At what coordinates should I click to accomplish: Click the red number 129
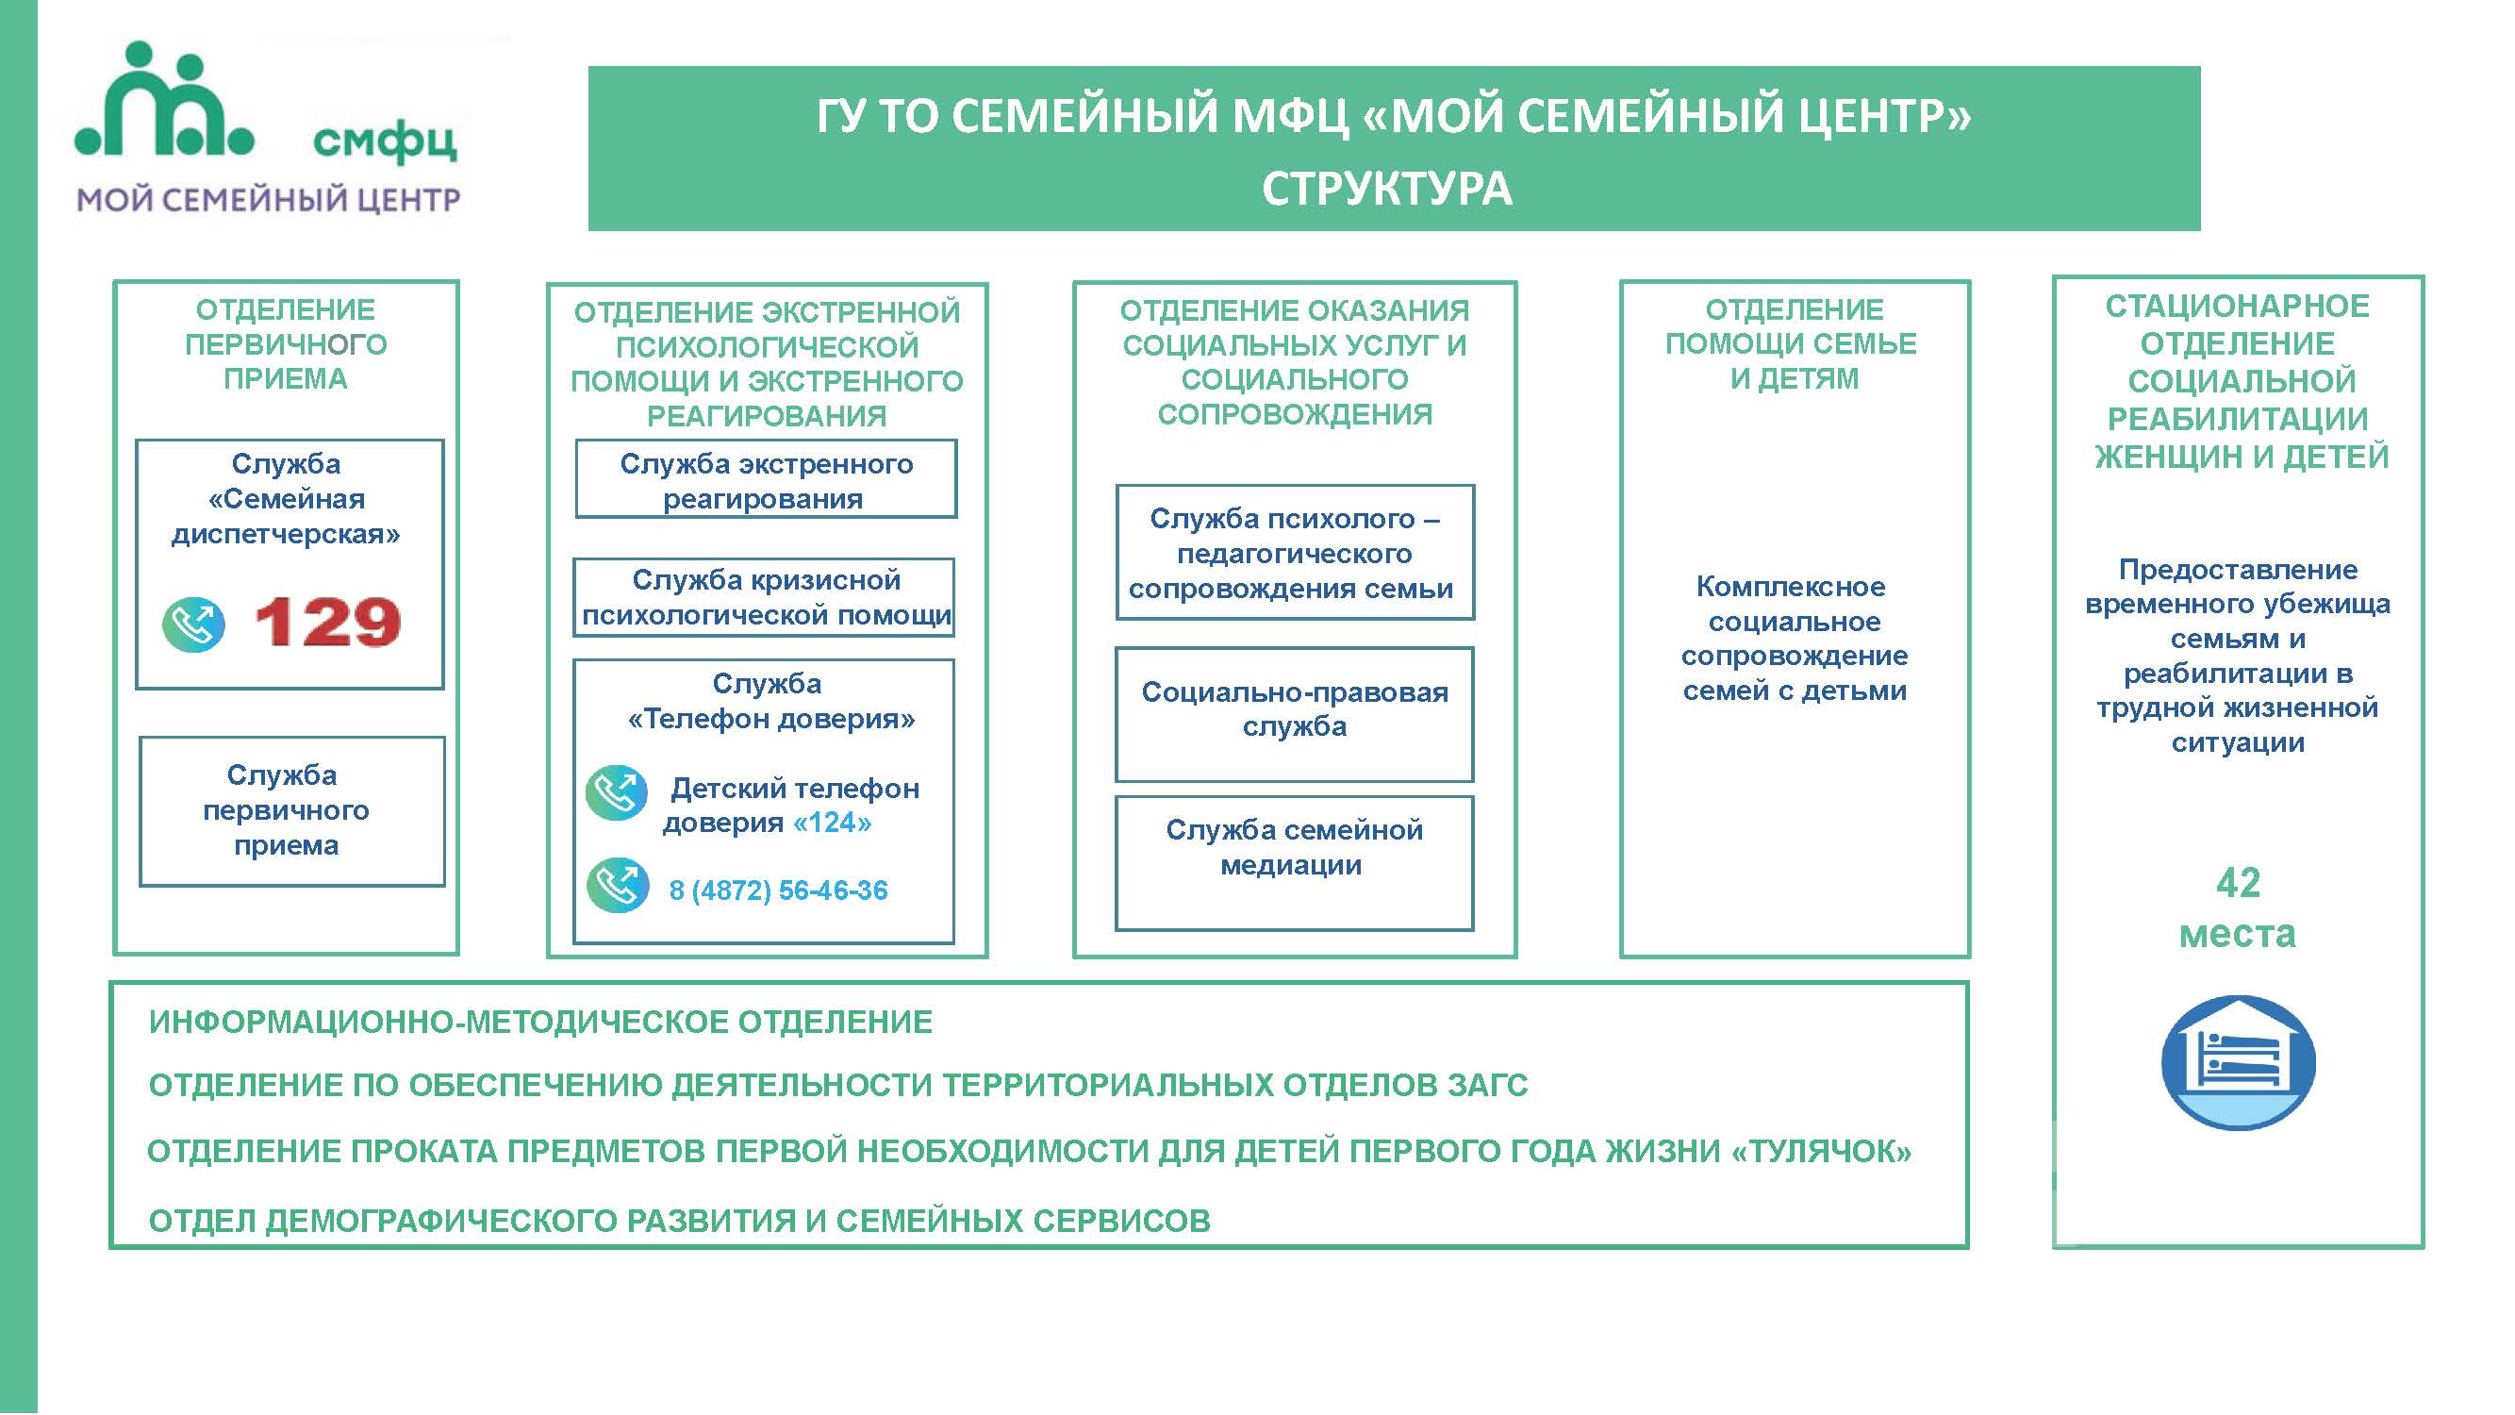click(327, 622)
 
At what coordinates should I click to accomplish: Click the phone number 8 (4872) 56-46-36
click(778, 891)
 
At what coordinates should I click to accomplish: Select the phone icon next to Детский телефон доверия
click(616, 793)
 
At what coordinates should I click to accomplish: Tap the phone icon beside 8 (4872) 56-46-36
click(617, 886)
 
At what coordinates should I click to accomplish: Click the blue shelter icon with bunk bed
click(2238, 1063)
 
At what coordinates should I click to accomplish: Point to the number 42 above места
click(2238, 884)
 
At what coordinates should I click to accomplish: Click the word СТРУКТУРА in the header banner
click(1386, 190)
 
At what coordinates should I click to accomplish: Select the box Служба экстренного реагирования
click(767, 478)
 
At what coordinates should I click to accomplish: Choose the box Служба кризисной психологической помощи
click(764, 598)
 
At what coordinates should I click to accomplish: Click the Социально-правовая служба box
click(1295, 714)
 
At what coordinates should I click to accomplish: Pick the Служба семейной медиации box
click(1295, 863)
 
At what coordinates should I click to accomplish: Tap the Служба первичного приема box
click(292, 811)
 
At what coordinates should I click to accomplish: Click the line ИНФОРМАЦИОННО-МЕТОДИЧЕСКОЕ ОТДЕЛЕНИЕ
click(541, 1023)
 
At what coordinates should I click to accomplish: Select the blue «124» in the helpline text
click(832, 824)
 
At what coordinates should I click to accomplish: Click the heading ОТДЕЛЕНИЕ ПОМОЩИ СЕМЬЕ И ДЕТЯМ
click(1794, 343)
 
